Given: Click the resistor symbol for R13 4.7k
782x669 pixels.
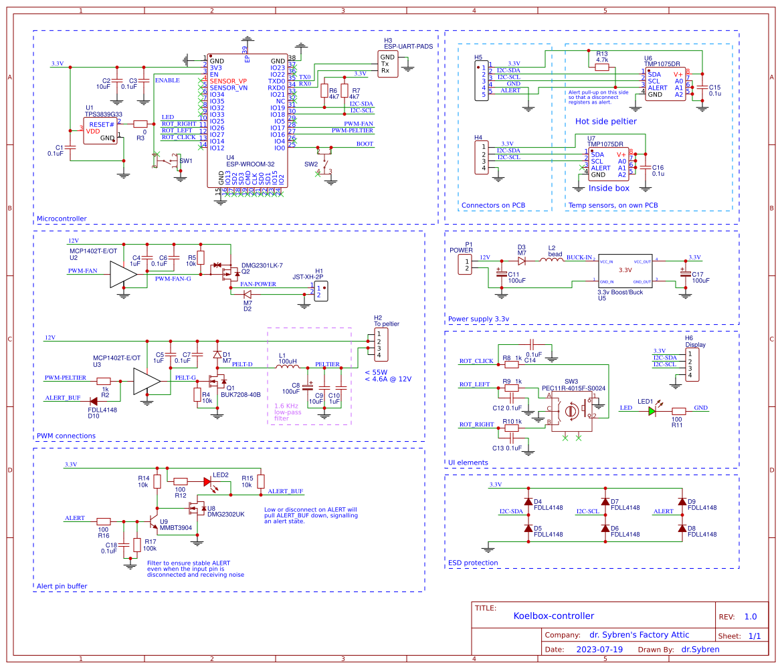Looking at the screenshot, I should [602, 67].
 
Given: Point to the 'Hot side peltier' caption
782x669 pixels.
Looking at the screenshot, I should [605, 121].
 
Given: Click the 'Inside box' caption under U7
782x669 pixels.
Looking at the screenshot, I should [609, 188].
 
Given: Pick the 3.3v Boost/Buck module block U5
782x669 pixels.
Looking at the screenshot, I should [624, 270].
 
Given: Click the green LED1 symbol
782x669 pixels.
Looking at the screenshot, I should [652, 411].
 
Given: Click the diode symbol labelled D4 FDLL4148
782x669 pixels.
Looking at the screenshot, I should [528, 501].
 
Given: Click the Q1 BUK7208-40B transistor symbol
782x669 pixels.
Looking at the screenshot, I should [216, 382].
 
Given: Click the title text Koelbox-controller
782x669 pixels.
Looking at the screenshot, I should [553, 616].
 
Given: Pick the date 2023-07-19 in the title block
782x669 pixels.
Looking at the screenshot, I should [599, 649].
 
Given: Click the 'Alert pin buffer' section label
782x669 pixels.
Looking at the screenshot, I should [62, 586].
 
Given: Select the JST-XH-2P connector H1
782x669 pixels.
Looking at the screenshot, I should [322, 291].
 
